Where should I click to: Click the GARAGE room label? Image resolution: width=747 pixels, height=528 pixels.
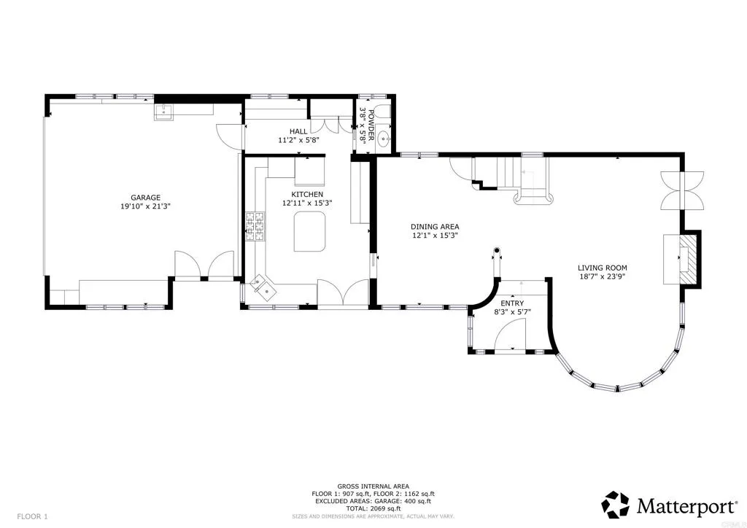145,198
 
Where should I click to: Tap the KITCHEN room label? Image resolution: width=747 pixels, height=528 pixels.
307,194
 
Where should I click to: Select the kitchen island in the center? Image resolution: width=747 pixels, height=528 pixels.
309,232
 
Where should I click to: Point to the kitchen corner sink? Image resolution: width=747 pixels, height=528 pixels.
263,287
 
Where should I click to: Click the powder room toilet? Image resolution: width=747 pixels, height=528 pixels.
382,112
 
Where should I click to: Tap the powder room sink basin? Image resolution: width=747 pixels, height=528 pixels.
383,140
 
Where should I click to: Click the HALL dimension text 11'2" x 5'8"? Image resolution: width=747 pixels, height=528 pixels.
298,140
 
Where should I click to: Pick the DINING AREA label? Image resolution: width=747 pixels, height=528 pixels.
435,227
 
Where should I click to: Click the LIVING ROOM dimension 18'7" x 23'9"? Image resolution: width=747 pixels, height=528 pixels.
602,276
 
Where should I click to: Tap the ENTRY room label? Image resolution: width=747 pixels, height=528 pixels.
512,303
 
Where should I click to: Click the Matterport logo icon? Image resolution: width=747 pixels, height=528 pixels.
616,505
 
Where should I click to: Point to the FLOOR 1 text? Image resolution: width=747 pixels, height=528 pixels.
32,516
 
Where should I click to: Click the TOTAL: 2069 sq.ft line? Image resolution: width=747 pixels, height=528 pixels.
373,508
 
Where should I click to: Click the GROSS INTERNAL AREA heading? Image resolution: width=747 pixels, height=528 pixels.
373,486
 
